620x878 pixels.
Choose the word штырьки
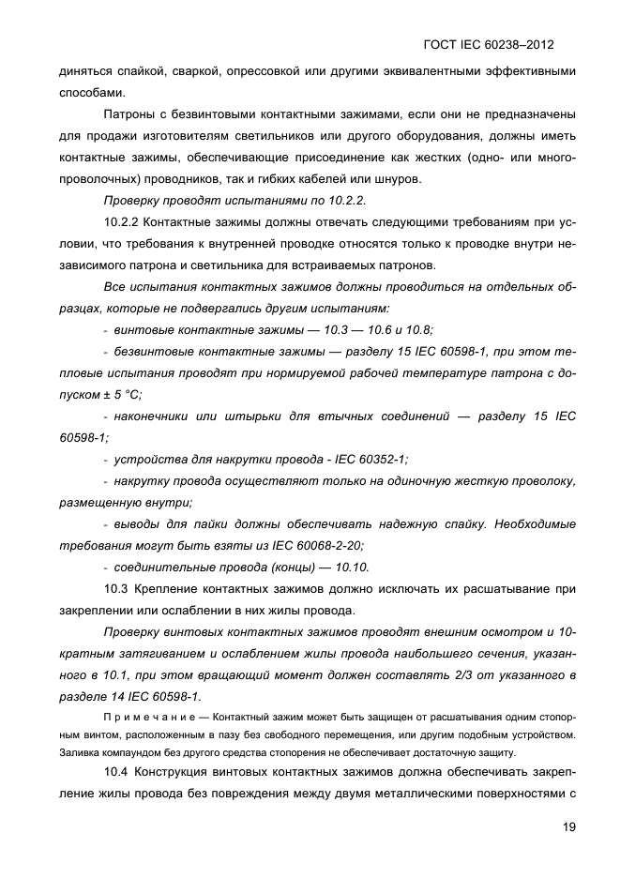[255, 416]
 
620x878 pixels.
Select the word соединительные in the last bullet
[161, 567]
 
